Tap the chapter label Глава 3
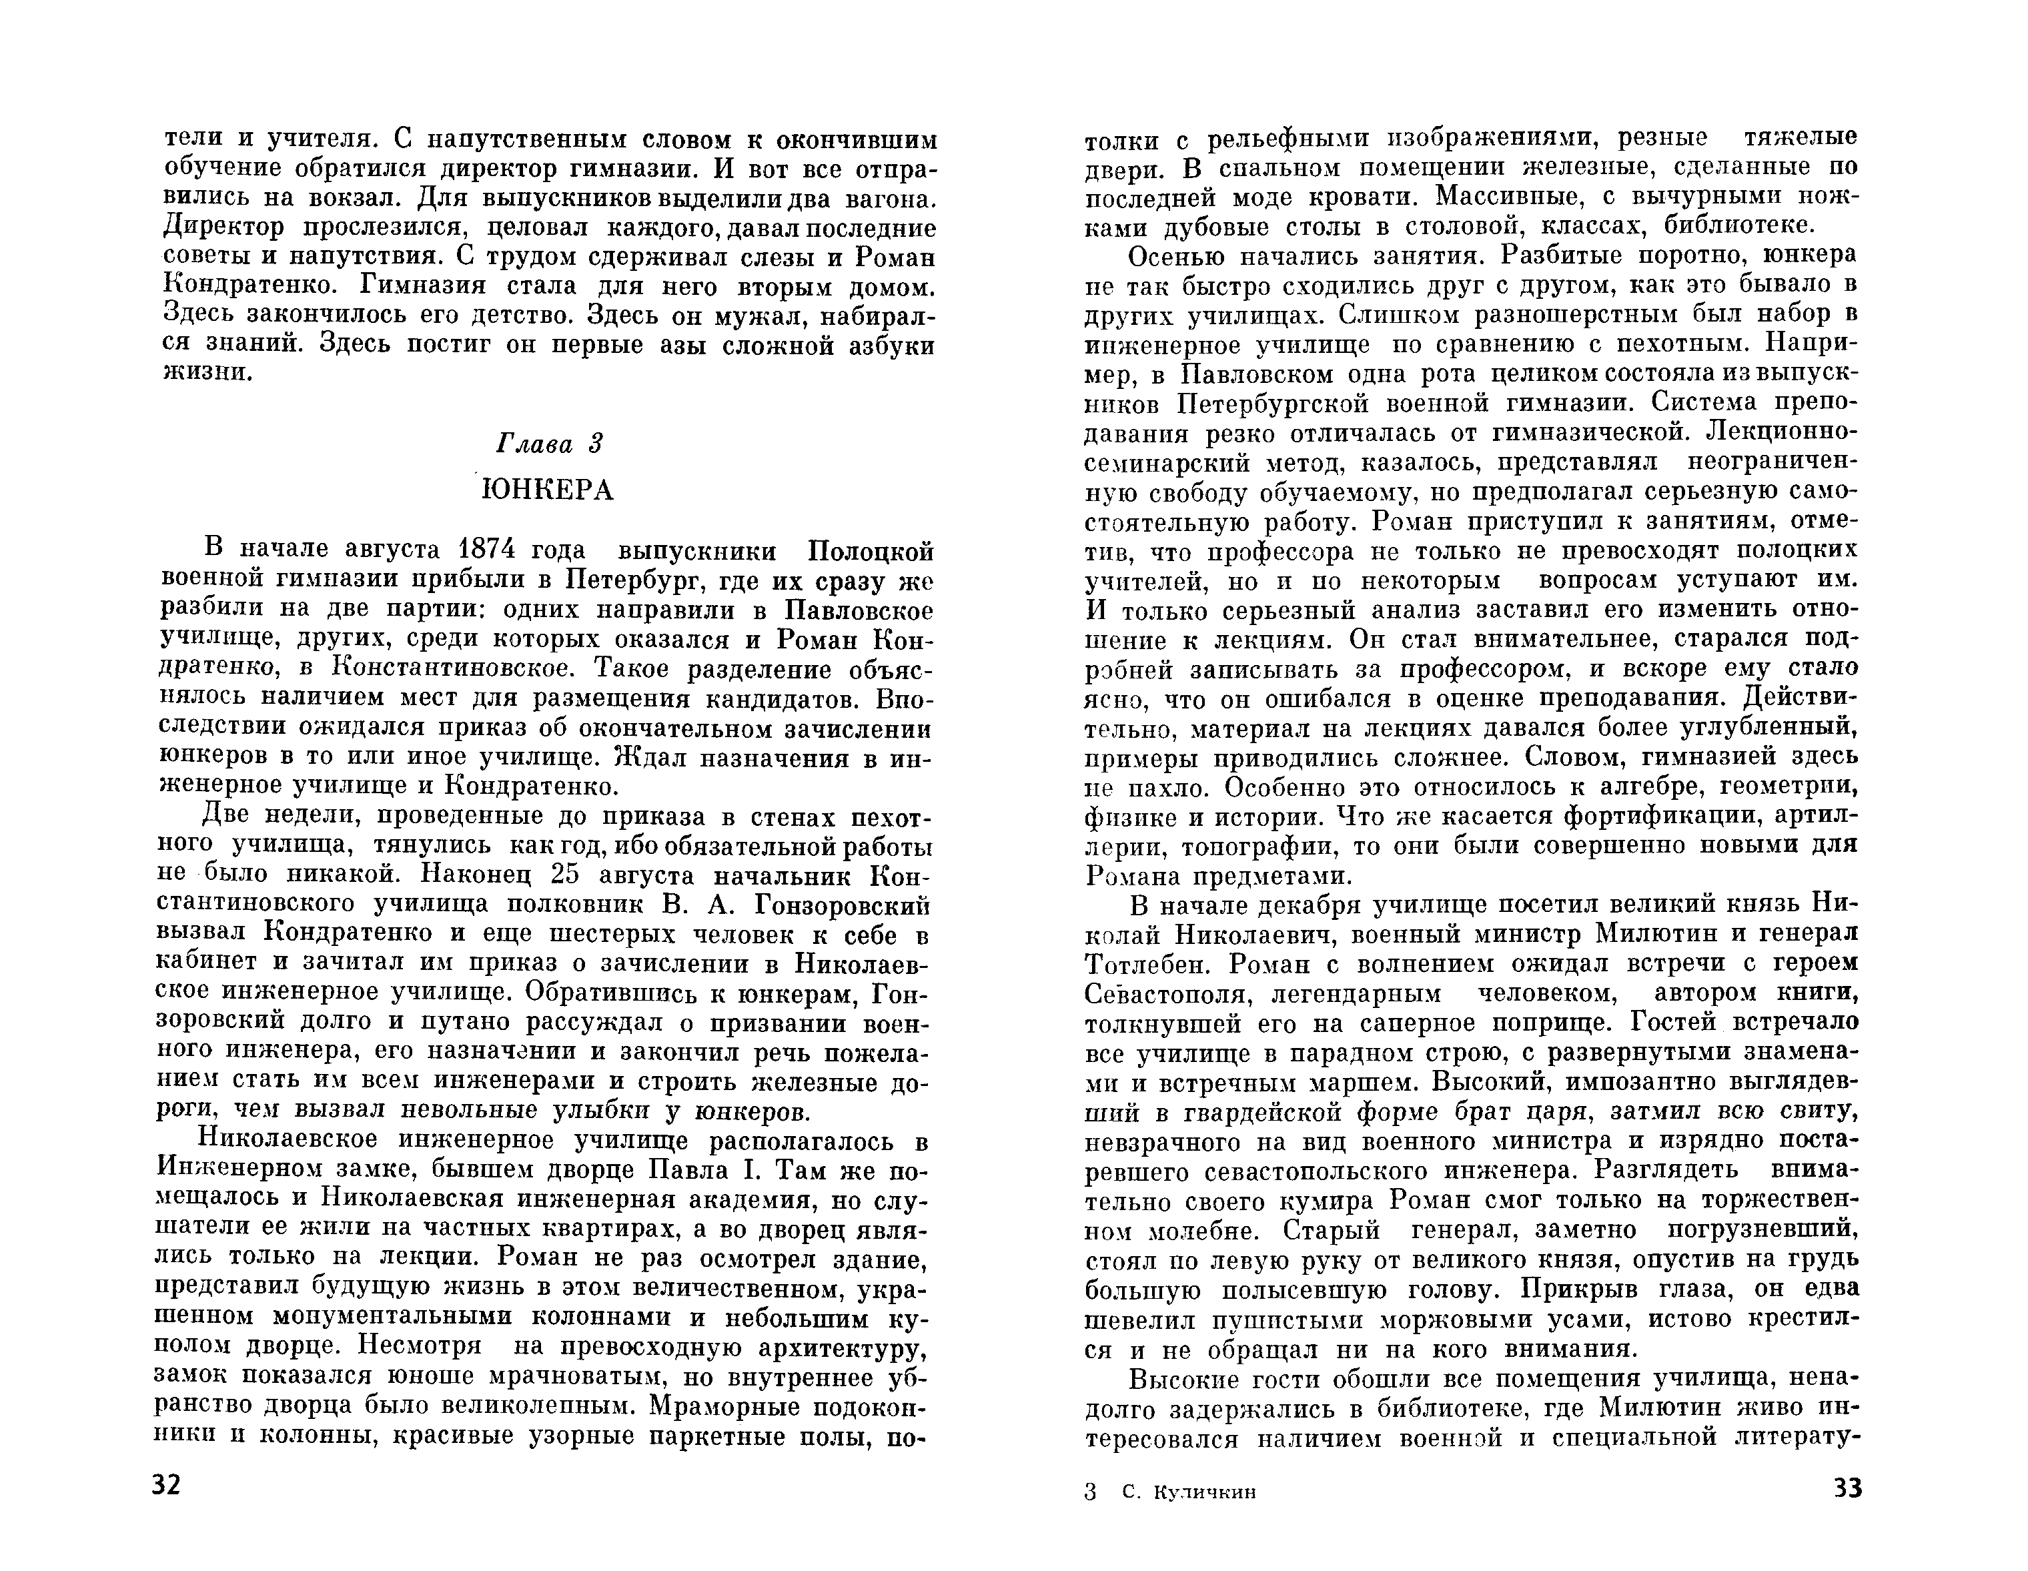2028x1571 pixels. tap(550, 444)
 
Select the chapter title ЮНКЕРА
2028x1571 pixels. tap(548, 490)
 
